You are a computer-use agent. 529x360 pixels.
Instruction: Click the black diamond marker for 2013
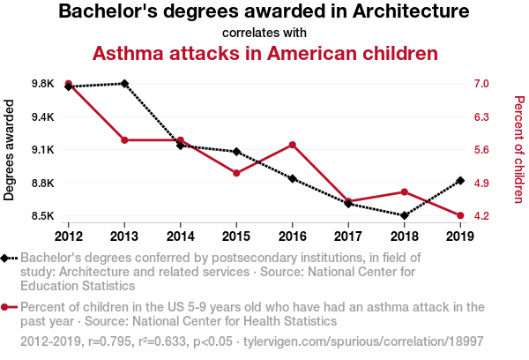pyautogui.click(x=124, y=84)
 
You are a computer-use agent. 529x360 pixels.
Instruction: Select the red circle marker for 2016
pyautogui.click(x=292, y=145)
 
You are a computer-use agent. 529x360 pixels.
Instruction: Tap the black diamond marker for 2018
pyautogui.click(x=404, y=215)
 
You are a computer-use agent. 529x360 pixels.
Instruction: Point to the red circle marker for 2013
pyautogui.click(x=124, y=140)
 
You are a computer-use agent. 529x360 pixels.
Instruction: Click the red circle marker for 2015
pyautogui.click(x=236, y=173)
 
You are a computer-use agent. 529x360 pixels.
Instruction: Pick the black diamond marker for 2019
pyautogui.click(x=459, y=181)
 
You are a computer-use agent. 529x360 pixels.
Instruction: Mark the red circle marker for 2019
pyautogui.click(x=459, y=215)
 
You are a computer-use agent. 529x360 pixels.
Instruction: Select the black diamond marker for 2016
pyautogui.click(x=292, y=178)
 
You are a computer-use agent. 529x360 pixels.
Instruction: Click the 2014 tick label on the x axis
pyautogui.click(x=180, y=236)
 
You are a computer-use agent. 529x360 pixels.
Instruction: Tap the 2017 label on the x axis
pyautogui.click(x=347, y=236)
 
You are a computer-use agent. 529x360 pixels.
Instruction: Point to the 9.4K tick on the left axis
pyautogui.click(x=41, y=116)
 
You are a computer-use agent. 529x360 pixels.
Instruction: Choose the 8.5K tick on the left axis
pyautogui.click(x=41, y=216)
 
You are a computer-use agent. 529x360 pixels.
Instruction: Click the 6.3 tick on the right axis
pyautogui.click(x=480, y=116)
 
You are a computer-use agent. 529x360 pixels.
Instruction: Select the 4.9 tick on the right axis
pyautogui.click(x=480, y=183)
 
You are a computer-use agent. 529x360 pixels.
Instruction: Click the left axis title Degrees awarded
pyautogui.click(x=10, y=150)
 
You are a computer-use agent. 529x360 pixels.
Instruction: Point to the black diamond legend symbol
pyautogui.click(x=7, y=258)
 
